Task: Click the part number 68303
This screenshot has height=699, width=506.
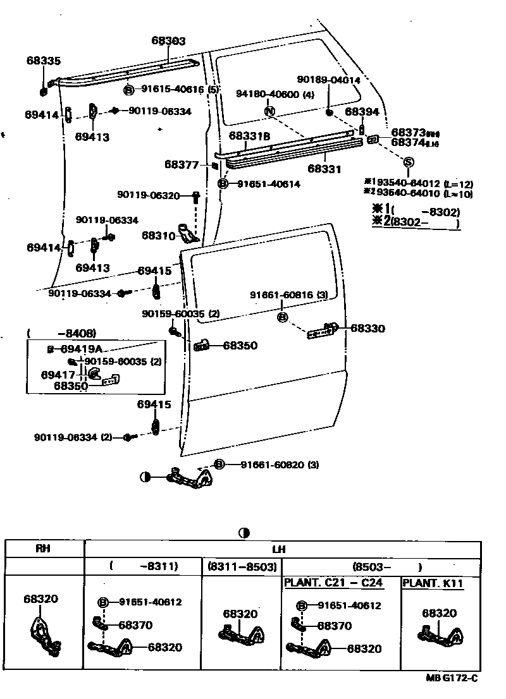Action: (168, 40)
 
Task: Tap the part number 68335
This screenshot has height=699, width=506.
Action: (44, 61)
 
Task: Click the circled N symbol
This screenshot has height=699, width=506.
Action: (270, 111)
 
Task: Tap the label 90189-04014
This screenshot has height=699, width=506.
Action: (329, 80)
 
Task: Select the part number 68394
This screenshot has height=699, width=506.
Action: (362, 111)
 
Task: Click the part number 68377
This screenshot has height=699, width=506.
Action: (182, 164)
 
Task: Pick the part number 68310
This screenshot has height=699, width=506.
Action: (158, 235)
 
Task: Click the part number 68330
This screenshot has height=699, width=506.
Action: (367, 329)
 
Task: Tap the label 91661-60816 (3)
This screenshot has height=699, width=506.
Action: (288, 295)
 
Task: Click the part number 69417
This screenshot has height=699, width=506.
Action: (59, 375)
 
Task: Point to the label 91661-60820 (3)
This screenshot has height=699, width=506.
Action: (279, 465)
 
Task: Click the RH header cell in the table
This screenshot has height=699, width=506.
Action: (43, 549)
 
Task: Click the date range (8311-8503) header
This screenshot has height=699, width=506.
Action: (240, 566)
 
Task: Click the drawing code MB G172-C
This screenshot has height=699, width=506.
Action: (452, 678)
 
